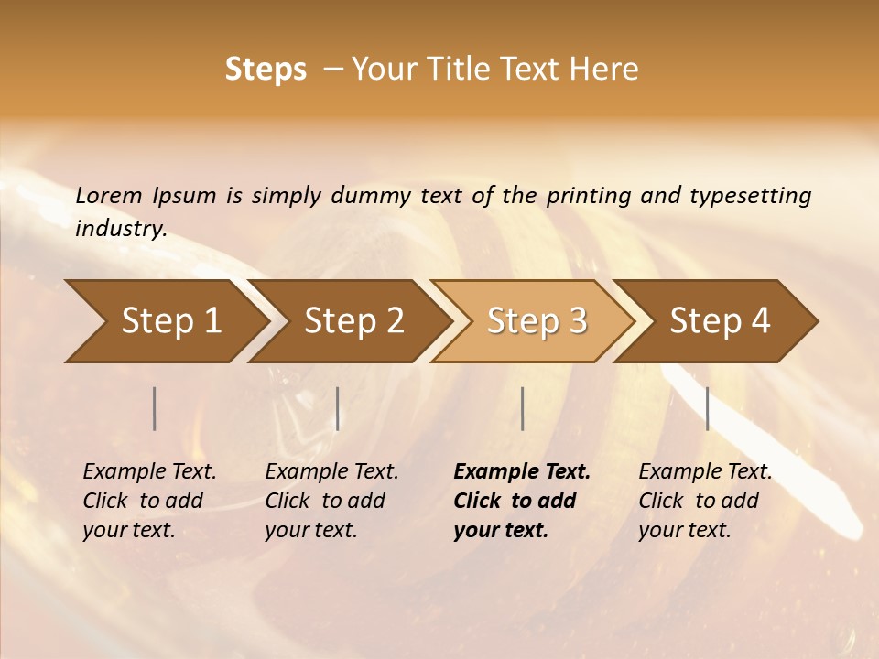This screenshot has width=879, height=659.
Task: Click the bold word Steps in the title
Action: [x=266, y=70]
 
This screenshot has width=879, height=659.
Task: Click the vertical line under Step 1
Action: [x=155, y=408]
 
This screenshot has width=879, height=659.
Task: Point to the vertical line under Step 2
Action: [x=338, y=408]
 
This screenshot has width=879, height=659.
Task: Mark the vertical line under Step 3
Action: [x=523, y=408]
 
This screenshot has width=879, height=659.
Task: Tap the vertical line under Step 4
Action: [x=708, y=408]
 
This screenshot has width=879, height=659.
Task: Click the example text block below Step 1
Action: [x=149, y=501]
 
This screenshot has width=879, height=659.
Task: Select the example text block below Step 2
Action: [x=331, y=501]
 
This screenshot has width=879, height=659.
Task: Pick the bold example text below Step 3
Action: [x=522, y=501]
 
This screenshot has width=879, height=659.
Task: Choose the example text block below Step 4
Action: [x=705, y=501]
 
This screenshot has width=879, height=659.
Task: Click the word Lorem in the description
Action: [x=108, y=196]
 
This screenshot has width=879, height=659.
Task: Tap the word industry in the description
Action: [x=120, y=229]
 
